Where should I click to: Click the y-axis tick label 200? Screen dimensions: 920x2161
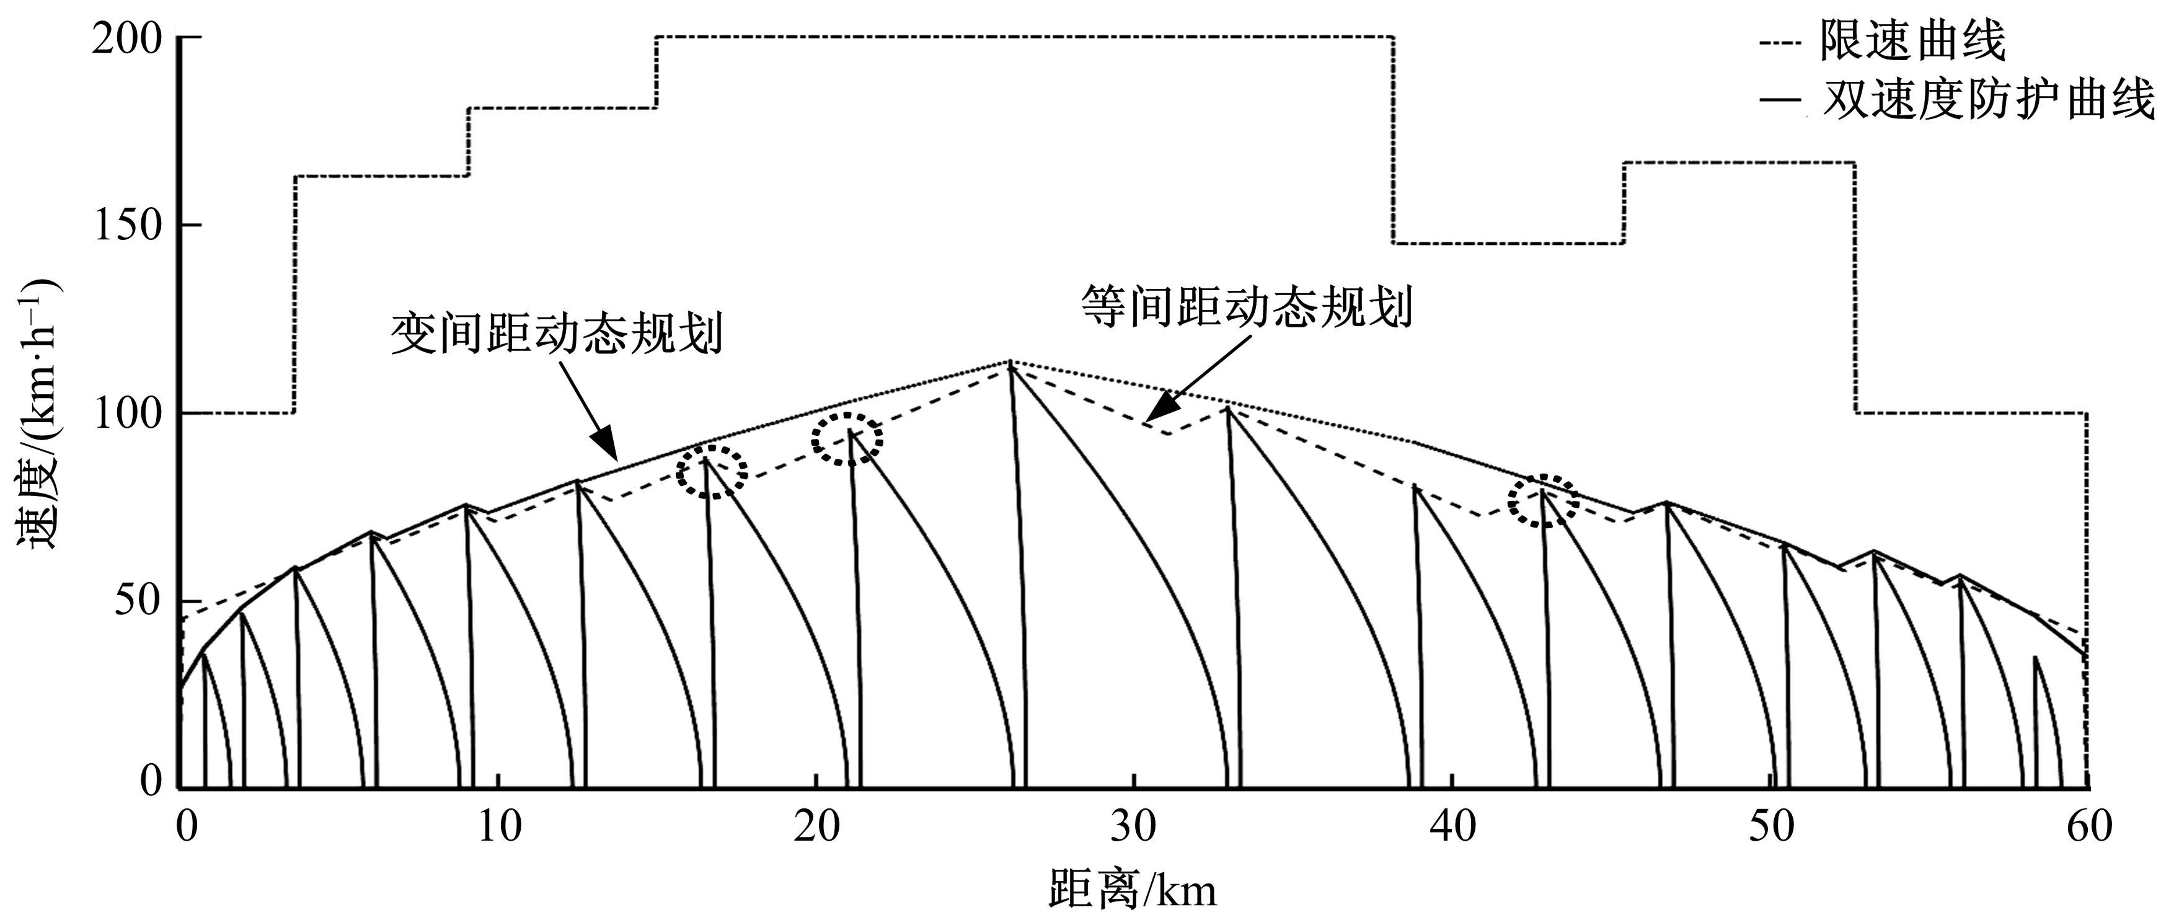(128, 38)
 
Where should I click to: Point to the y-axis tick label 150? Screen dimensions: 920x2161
(128, 226)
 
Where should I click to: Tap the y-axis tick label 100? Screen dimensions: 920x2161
(128, 414)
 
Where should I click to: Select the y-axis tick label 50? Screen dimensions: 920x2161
(138, 601)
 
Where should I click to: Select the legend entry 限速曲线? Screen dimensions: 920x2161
(1912, 40)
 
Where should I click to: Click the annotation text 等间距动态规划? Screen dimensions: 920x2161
(1246, 306)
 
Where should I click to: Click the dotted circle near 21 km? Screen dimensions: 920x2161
(847, 439)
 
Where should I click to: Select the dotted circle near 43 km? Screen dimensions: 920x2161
(1543, 501)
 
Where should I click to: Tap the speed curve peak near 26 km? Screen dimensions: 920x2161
(1009, 362)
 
